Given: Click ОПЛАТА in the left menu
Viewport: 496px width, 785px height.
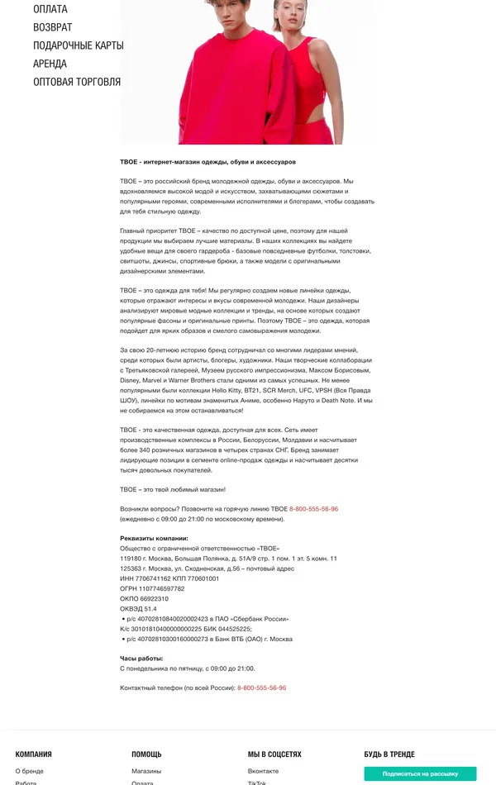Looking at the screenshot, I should tap(50, 9).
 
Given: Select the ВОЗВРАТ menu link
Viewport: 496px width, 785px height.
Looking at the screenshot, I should tap(52, 27).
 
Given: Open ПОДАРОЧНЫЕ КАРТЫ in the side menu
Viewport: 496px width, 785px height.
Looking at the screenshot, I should tap(79, 45).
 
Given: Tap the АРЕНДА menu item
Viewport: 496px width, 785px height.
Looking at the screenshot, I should tap(50, 64).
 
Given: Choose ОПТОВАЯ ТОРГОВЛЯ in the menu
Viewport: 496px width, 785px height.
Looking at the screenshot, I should tap(77, 82).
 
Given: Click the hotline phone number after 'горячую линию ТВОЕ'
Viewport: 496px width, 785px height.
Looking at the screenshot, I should tap(313, 509).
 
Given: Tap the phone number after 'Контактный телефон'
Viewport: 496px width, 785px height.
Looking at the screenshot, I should tap(261, 687).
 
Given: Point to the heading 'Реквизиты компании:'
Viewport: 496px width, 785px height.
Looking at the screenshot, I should tap(154, 538).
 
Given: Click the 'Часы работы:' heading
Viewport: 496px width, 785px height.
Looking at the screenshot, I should tap(141, 659).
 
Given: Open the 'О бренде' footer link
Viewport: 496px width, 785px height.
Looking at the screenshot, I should tap(29, 771).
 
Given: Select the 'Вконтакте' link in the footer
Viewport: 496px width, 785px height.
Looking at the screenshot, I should tap(263, 771).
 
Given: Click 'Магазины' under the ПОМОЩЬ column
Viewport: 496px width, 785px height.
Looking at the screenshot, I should tap(146, 771).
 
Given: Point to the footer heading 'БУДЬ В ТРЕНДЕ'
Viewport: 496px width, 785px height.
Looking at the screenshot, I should tap(389, 754).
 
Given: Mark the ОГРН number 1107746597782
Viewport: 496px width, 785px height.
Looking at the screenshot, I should tap(160, 589).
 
